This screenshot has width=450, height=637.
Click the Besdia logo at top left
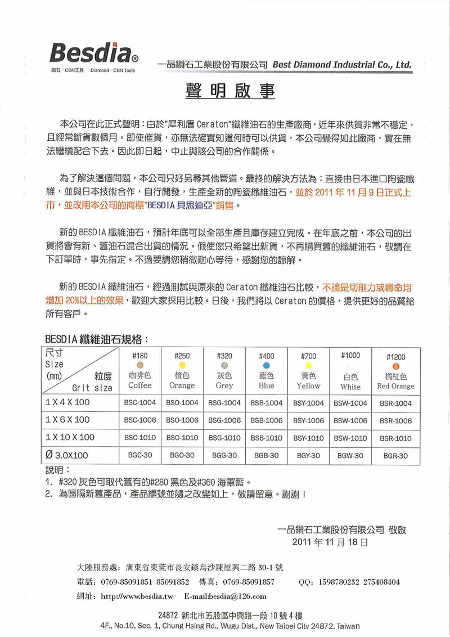90,53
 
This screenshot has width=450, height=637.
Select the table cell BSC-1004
140,403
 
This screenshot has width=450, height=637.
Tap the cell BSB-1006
267,420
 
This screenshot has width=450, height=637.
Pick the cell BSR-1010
395,438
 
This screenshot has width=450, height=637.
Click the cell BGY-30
308,455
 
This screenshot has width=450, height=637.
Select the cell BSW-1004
350,403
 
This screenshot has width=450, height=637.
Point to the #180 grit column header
140,356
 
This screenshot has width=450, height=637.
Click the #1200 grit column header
395,357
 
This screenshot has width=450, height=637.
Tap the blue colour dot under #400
267,365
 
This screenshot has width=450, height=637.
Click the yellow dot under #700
308,365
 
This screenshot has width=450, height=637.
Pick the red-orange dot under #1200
395,366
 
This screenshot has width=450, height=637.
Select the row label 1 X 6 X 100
67,420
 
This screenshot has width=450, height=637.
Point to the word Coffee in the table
140,385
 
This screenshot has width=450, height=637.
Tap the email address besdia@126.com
230,596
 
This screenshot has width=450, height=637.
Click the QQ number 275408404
380,581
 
